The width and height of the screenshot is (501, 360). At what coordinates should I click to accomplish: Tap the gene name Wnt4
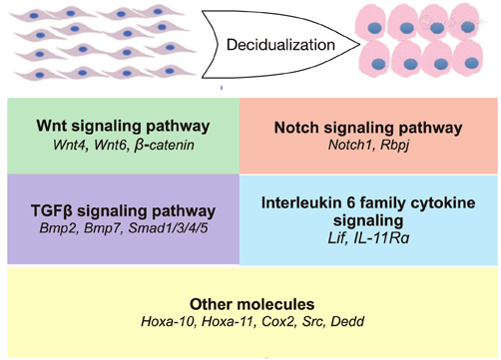tap(61, 147)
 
